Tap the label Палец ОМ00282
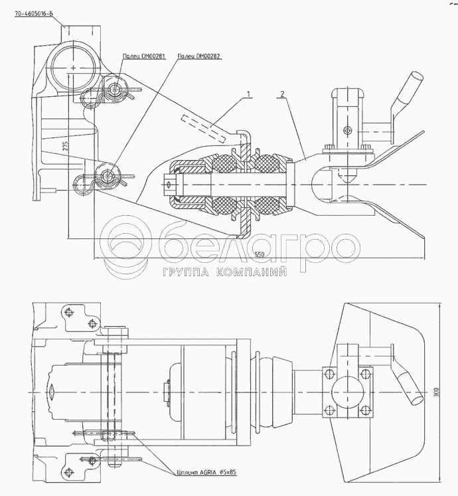[x=198, y=58]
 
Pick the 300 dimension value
[x=436, y=392]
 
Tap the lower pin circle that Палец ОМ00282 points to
[x=106, y=176]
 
